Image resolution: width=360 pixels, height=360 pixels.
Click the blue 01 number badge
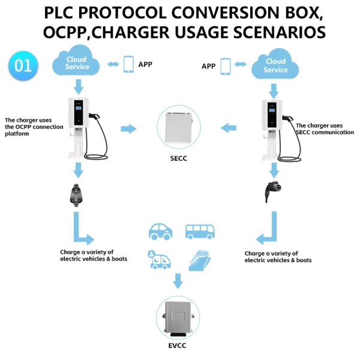point(23,65)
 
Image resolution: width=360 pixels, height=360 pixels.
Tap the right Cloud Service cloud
point(275,65)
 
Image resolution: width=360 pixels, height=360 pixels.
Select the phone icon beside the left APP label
point(128,64)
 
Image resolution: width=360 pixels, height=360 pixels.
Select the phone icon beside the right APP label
point(226,66)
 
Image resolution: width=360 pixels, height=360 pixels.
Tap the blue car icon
point(160,231)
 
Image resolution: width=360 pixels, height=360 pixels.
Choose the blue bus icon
point(198,231)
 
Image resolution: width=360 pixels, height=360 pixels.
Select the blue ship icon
point(199,259)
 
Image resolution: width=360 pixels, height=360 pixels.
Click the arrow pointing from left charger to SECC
point(128,128)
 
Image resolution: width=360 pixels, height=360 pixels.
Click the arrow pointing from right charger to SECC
point(229,128)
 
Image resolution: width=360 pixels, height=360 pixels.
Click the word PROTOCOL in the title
point(131,13)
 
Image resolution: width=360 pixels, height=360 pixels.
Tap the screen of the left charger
point(79,108)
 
